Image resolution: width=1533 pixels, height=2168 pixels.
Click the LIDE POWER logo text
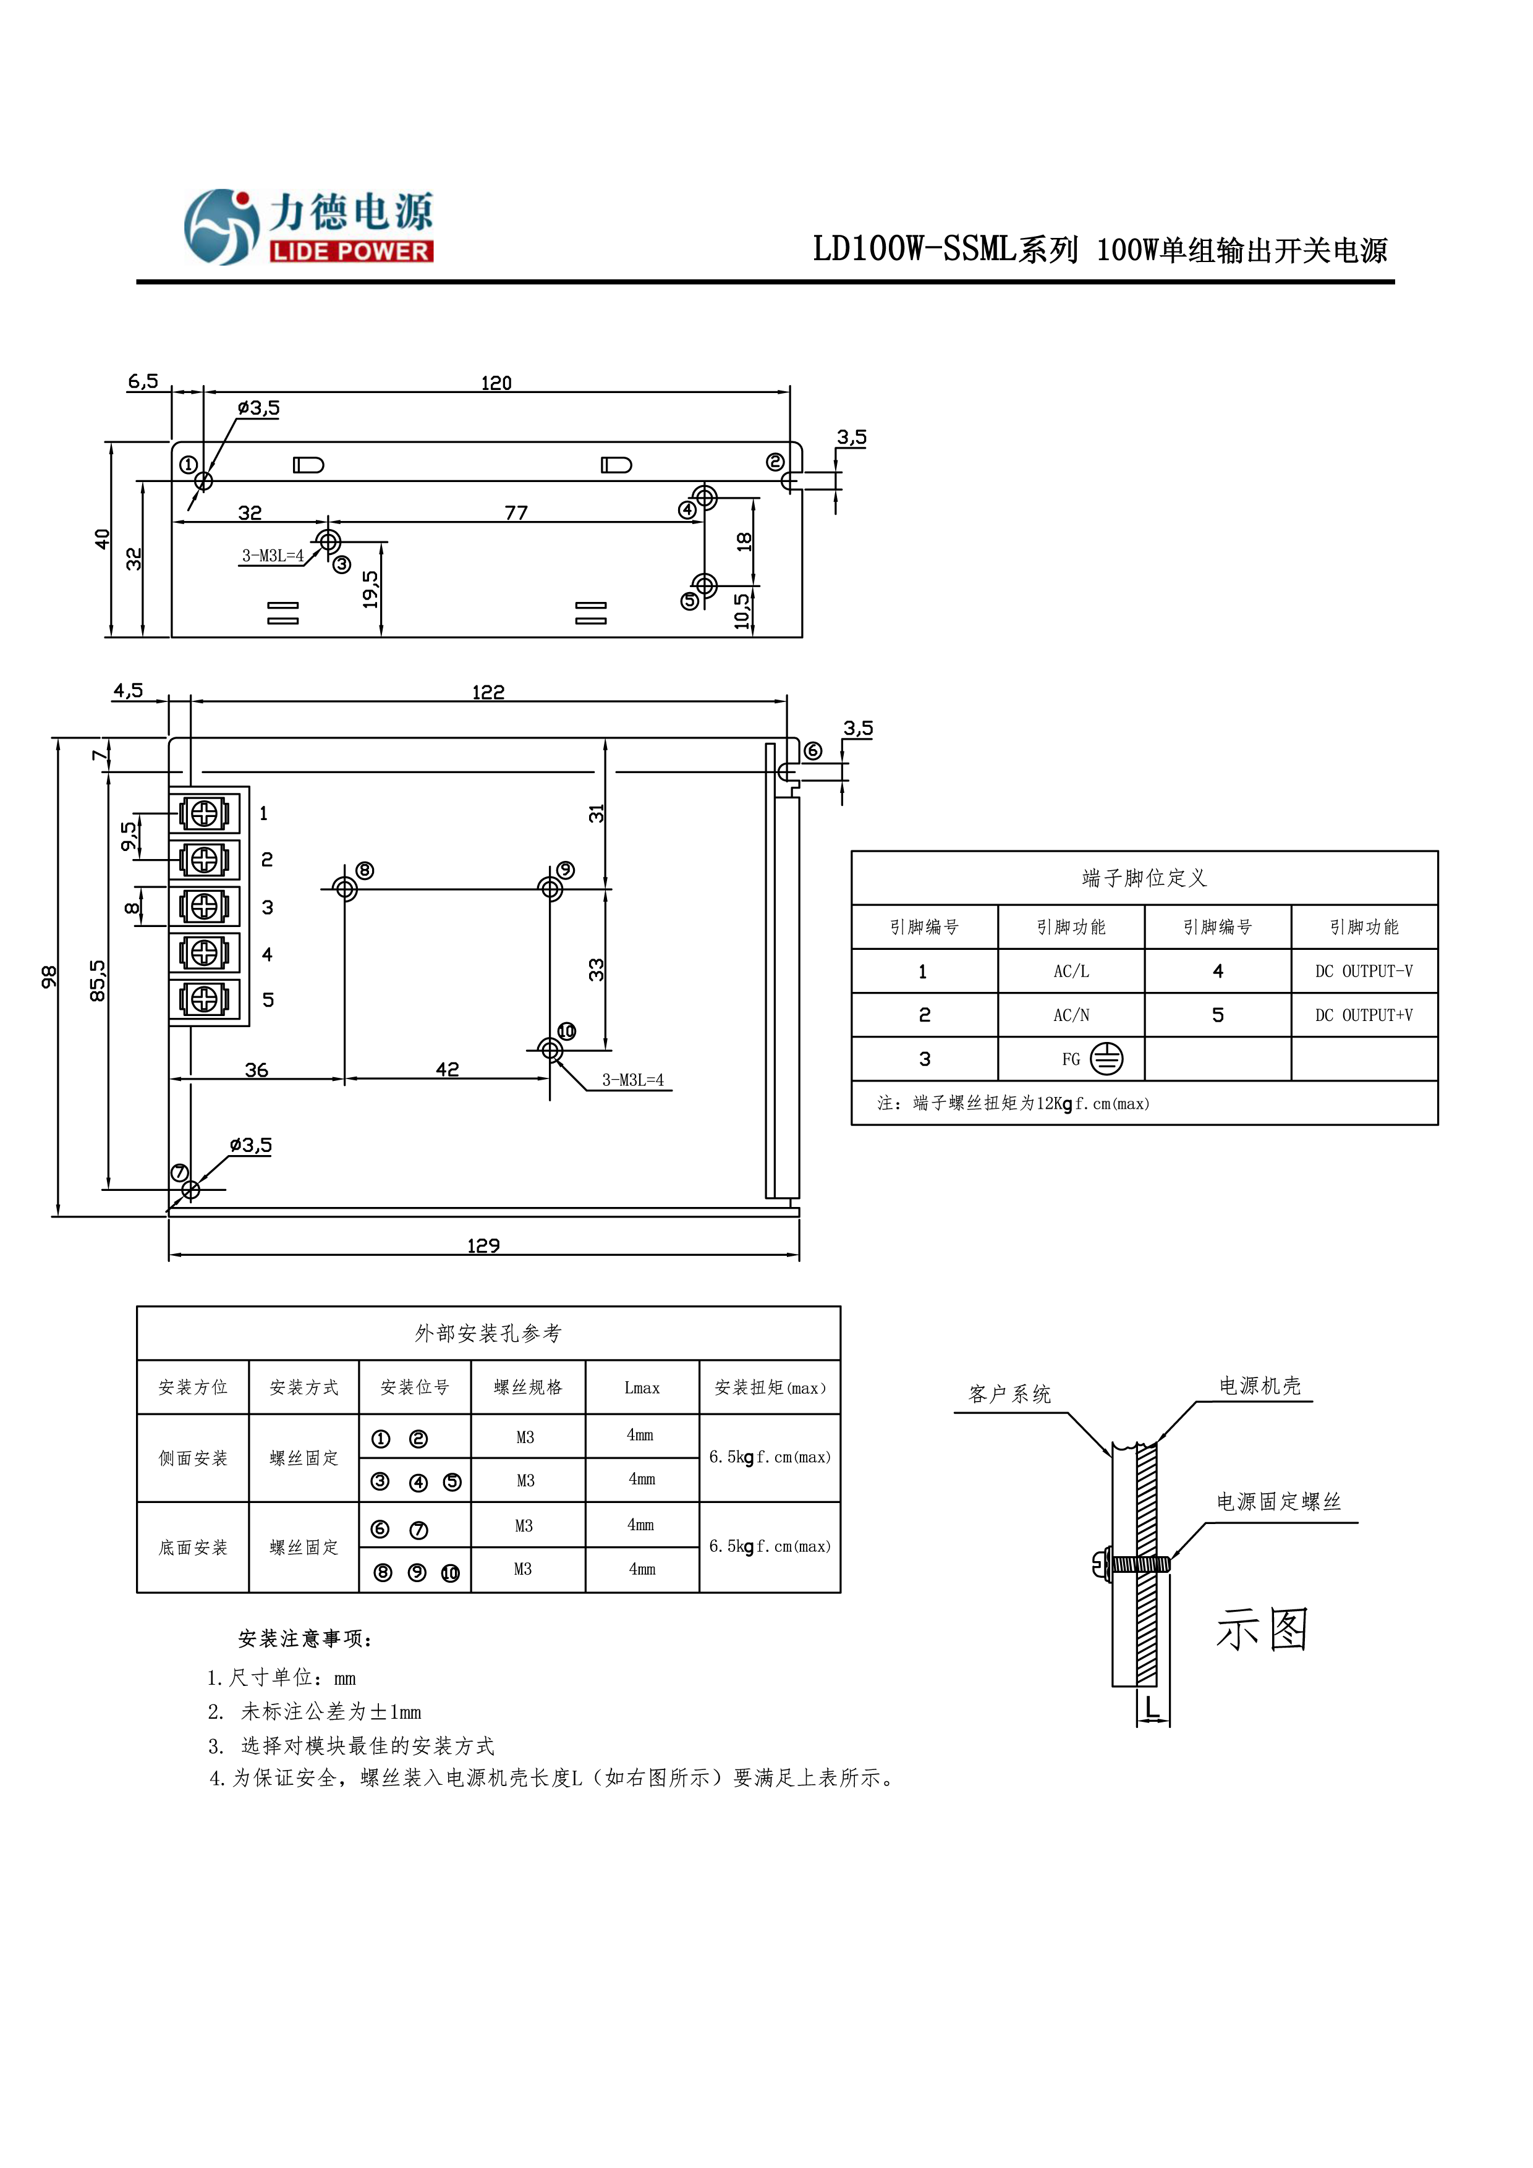[x=350, y=251]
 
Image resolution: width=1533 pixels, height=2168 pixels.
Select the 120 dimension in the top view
[x=496, y=383]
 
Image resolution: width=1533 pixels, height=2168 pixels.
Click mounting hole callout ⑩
[x=567, y=1031]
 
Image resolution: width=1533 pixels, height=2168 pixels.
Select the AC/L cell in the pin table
[x=1071, y=971]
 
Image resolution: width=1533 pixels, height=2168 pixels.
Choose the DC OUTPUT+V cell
[x=1364, y=1015]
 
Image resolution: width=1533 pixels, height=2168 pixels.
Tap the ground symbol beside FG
[x=1106, y=1059]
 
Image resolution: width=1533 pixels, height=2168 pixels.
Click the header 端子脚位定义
[x=1144, y=878]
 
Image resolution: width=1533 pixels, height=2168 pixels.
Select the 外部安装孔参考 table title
[x=488, y=1333]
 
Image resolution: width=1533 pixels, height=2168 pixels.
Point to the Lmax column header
[x=642, y=1387]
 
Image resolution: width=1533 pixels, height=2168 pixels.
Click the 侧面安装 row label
[x=193, y=1458]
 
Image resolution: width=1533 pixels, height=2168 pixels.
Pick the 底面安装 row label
[x=193, y=1547]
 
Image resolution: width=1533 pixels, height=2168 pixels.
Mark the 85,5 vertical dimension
[x=97, y=980]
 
